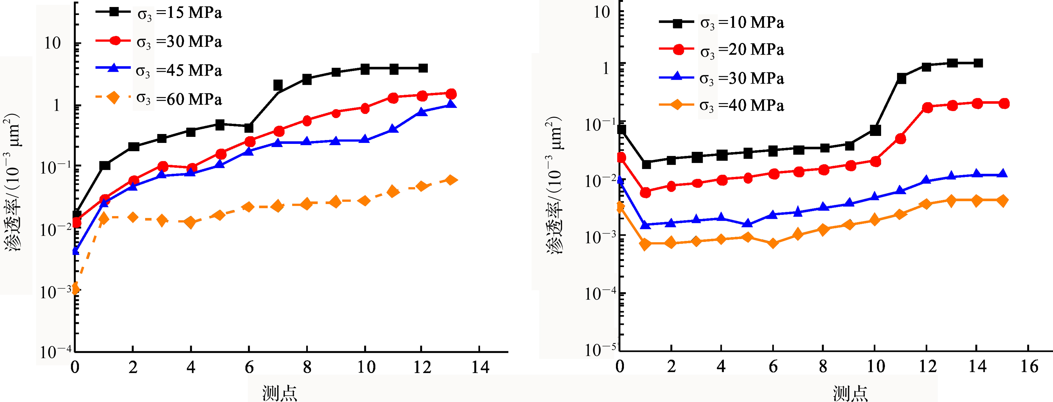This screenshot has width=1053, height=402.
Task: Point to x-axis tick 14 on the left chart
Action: tap(480, 367)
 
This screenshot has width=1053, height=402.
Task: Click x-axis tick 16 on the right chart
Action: tap(1029, 366)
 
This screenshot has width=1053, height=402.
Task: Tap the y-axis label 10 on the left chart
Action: tap(52, 43)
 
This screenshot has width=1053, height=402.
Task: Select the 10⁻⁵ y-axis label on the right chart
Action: tap(600, 350)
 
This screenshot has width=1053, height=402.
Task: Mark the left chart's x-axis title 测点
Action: tap(280, 393)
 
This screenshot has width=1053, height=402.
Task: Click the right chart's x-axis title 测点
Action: tap(850, 393)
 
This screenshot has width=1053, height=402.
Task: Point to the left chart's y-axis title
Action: tap(12, 182)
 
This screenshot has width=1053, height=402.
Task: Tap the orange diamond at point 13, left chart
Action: tap(451, 180)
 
